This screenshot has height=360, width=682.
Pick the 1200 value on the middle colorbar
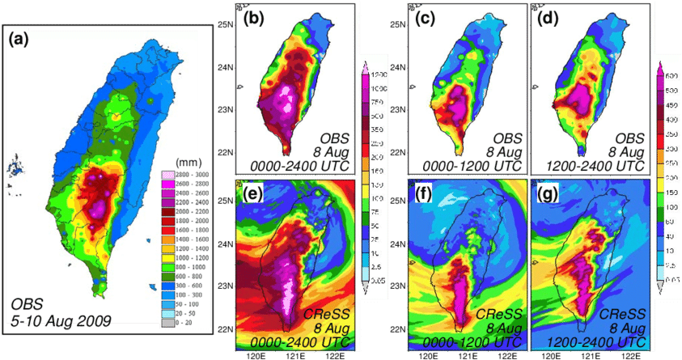click(x=379, y=74)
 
